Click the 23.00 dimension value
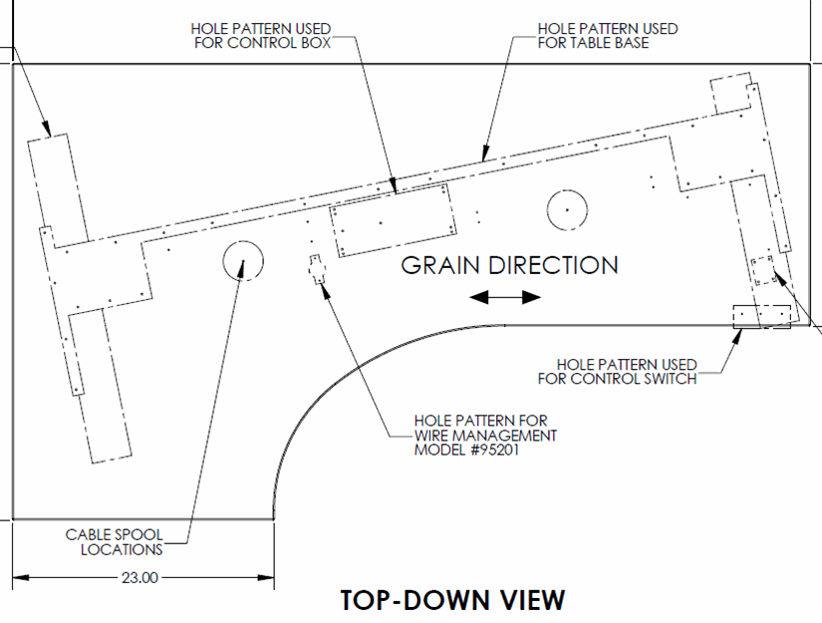(x=139, y=577)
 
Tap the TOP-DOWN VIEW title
(x=453, y=600)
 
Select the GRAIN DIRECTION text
(x=509, y=265)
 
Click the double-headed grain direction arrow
(x=505, y=297)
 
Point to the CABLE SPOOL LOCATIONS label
(x=115, y=542)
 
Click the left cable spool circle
(x=243, y=260)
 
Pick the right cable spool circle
(x=567, y=209)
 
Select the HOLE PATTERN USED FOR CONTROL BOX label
(x=261, y=36)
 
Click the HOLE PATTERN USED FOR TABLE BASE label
(x=608, y=36)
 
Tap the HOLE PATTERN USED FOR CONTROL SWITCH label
(x=617, y=372)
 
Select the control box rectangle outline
(x=393, y=220)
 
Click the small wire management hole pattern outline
(x=316, y=269)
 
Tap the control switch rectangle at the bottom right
(x=761, y=317)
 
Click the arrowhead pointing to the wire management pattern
(x=325, y=292)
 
